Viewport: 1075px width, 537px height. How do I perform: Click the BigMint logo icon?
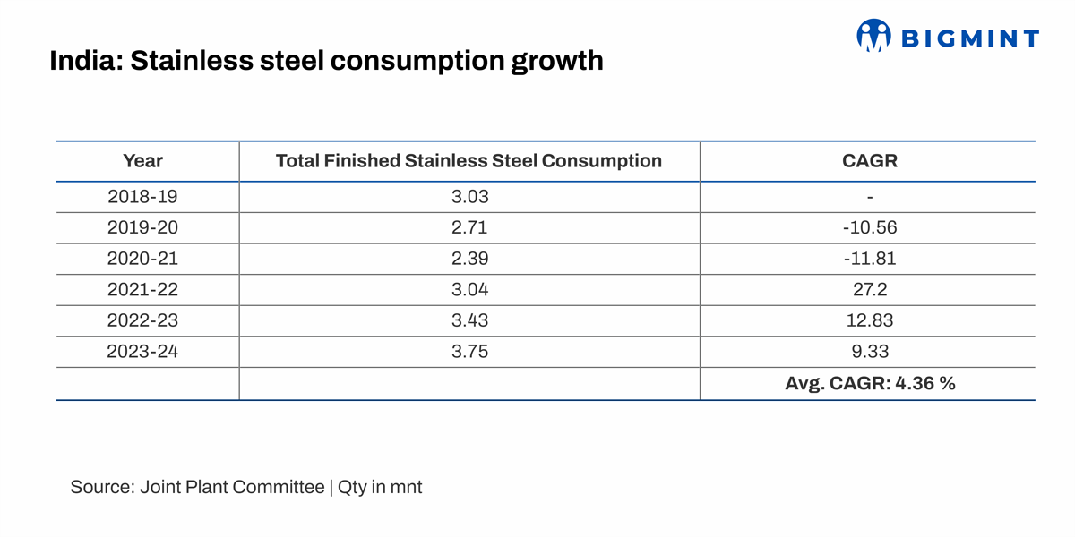tap(874, 37)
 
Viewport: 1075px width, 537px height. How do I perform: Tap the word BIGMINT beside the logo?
tap(969, 38)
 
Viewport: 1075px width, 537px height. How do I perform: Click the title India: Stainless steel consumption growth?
tap(326, 61)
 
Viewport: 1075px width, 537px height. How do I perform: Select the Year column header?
tap(143, 161)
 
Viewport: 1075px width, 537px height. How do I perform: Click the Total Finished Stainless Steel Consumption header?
tap(469, 161)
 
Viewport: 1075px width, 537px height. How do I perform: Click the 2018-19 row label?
tap(143, 197)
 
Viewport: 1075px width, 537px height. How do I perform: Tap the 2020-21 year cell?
tap(143, 259)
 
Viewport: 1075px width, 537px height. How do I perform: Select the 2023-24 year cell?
tap(143, 352)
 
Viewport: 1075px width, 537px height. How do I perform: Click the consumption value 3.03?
tap(469, 197)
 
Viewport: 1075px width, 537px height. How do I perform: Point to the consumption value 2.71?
tap(469, 227)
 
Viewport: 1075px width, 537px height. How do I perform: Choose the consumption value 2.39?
tap(469, 259)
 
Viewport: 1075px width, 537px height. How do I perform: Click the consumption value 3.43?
tap(469, 320)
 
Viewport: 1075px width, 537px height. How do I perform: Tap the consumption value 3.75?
tap(469, 352)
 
